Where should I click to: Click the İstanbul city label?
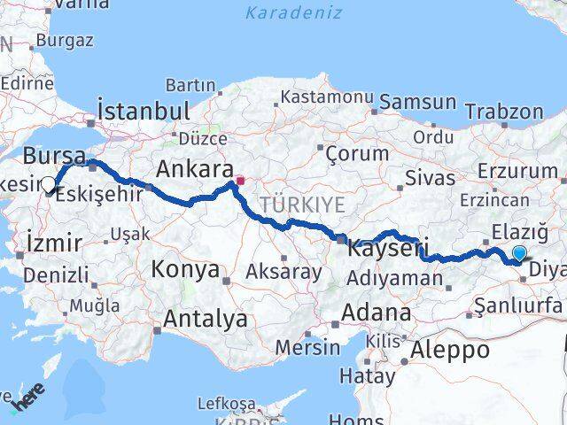(144, 112)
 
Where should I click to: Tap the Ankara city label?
(194, 168)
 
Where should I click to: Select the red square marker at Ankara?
(239, 181)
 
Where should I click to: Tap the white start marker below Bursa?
(49, 185)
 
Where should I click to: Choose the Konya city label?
(186, 268)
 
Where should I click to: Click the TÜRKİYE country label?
(302, 205)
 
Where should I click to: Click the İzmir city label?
(55, 243)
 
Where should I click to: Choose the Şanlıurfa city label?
(518, 306)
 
